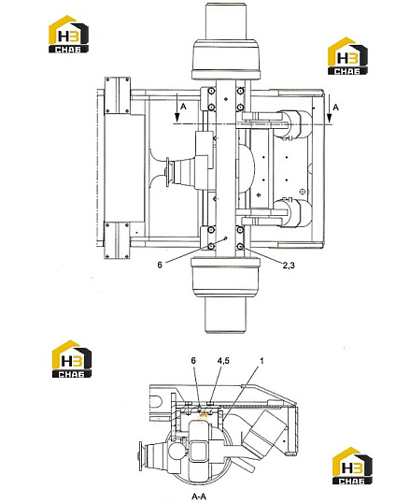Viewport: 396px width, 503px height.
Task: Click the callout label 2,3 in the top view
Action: [x=289, y=265]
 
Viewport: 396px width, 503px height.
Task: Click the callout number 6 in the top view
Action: [x=160, y=265]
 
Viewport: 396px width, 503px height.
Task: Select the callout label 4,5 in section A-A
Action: [x=223, y=361]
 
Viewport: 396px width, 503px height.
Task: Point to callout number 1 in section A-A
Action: [x=262, y=361]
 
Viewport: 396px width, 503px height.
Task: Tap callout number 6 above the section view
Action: [x=193, y=361]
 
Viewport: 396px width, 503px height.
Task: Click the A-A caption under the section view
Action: [x=199, y=496]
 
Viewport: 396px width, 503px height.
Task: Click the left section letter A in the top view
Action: [x=183, y=107]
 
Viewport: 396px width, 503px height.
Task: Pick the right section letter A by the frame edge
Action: [x=335, y=107]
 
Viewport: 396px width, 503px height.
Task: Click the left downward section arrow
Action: [x=177, y=108]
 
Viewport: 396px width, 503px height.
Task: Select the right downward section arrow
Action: [x=329, y=108]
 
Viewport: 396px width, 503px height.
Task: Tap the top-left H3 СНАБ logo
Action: [x=68, y=34]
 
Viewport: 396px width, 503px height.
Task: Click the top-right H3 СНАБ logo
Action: [x=347, y=56]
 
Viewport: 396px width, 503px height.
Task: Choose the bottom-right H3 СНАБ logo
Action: [x=352, y=466]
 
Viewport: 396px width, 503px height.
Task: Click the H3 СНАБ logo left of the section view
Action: [x=72, y=359]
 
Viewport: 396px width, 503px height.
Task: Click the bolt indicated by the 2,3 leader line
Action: [x=240, y=246]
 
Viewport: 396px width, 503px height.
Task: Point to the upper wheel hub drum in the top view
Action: [x=226, y=59]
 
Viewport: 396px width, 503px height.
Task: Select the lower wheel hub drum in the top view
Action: [x=225, y=278]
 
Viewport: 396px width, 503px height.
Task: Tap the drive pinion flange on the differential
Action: [x=168, y=172]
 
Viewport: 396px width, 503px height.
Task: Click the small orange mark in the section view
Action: [x=203, y=416]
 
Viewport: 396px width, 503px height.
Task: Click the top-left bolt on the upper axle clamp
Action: [x=211, y=92]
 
